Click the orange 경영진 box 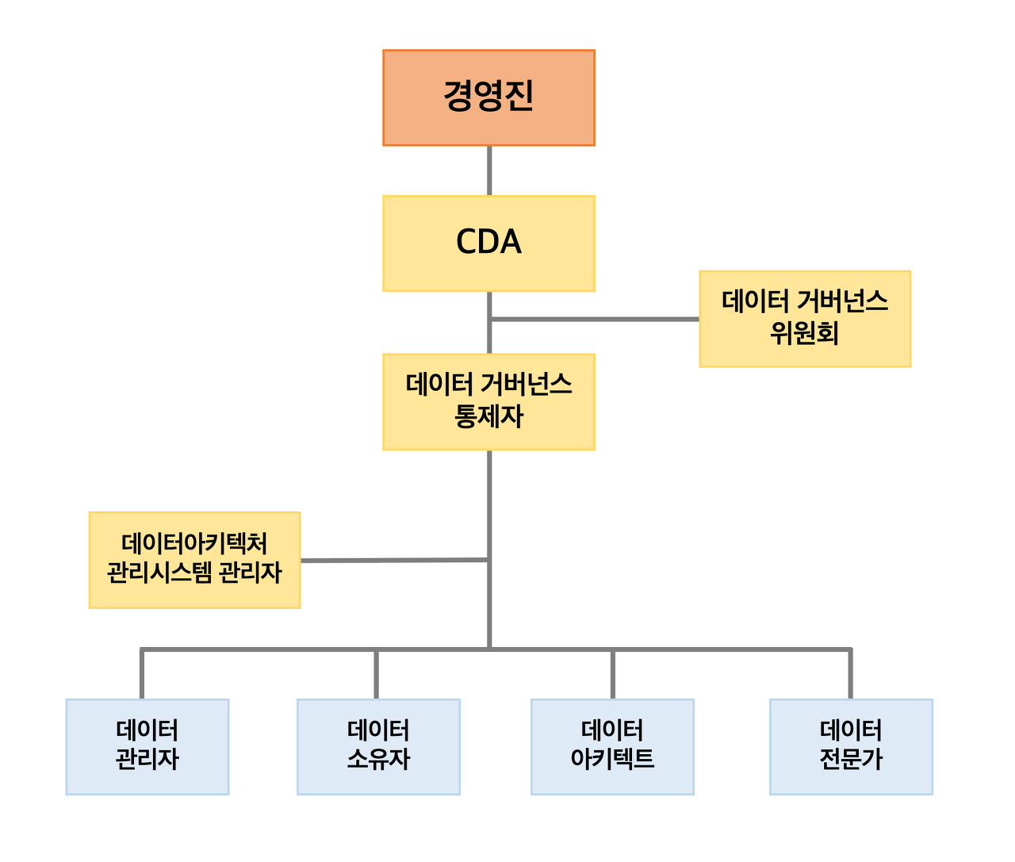488,98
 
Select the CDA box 488,243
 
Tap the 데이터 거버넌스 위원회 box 805,319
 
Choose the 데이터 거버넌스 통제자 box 488,402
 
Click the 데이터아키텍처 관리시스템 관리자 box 194,560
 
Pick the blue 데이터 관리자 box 147,746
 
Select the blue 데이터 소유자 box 378,746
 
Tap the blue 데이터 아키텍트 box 612,746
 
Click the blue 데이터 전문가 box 851,746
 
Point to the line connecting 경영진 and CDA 488,170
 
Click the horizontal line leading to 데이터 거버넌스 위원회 595,320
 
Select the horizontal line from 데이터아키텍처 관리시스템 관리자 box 394,560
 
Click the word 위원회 804,334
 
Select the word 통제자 488,416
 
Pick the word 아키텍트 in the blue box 612,760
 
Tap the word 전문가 851,760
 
